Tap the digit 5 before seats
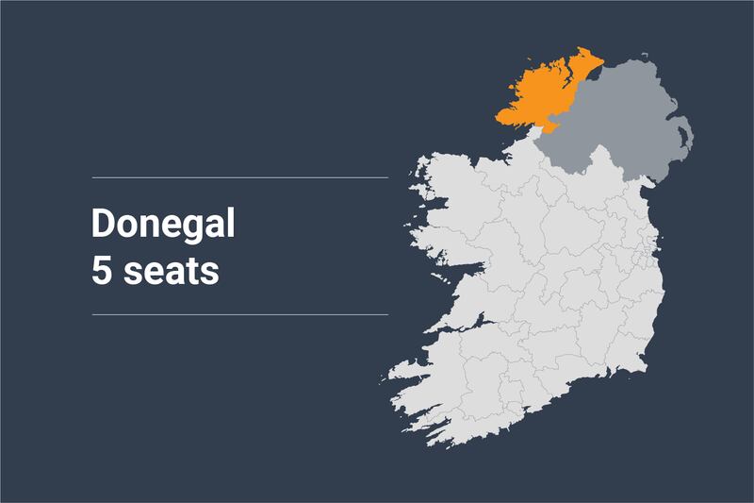101,271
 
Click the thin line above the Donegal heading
239,176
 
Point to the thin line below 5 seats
239,314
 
